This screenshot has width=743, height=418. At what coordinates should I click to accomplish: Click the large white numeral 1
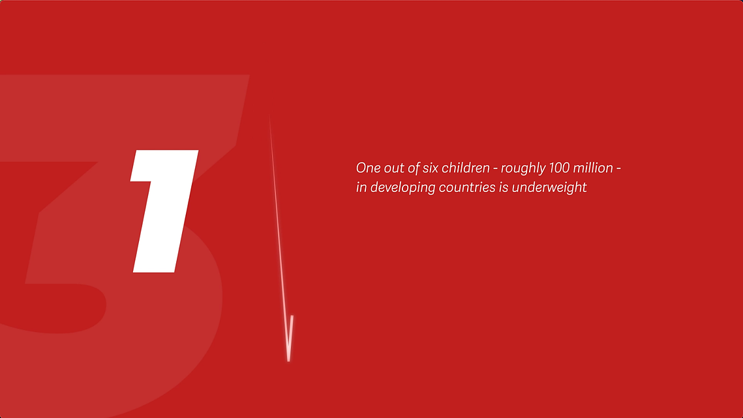(164, 211)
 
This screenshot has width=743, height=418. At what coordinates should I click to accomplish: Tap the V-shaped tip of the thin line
(288, 360)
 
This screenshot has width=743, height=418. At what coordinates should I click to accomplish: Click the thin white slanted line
(280, 237)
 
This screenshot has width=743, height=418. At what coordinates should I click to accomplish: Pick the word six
(431, 169)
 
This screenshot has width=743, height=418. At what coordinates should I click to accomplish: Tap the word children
(466, 168)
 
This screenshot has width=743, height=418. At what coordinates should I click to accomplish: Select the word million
(593, 168)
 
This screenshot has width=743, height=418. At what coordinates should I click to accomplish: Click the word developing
(402, 188)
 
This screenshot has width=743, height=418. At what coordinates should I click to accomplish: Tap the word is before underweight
(504, 187)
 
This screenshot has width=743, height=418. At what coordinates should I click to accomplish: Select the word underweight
(549, 188)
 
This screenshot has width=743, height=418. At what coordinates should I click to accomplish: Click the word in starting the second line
(361, 187)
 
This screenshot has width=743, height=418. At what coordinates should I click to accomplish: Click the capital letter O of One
(361, 168)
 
